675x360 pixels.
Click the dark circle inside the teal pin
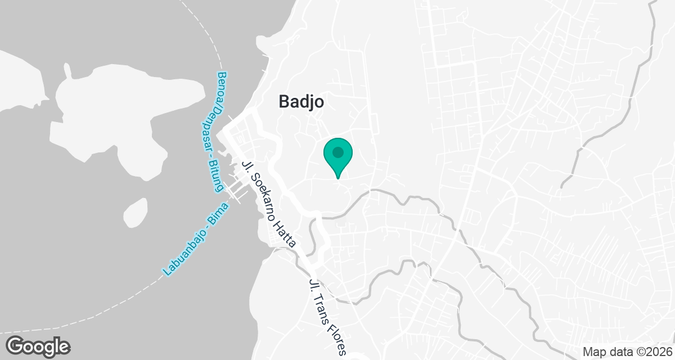(x=337, y=152)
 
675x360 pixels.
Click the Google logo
(x=38, y=346)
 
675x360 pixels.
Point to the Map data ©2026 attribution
(x=627, y=352)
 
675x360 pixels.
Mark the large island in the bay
(x=107, y=112)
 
